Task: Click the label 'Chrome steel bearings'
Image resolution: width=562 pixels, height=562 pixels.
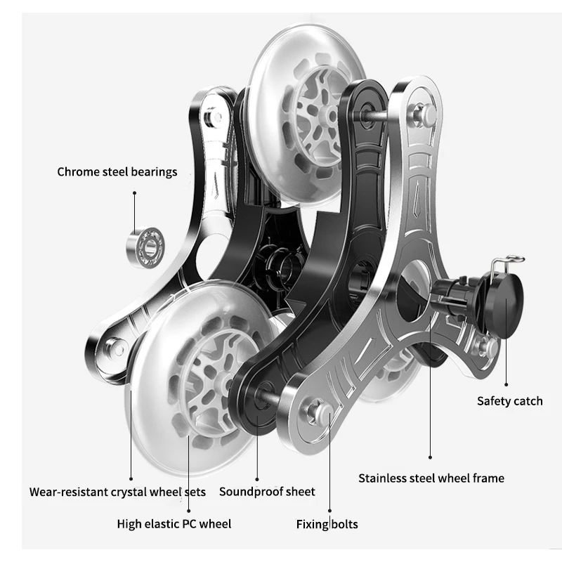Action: click(x=117, y=171)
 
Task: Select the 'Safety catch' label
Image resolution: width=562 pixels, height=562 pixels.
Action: click(x=509, y=401)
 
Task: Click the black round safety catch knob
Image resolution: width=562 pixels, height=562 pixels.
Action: click(x=508, y=299)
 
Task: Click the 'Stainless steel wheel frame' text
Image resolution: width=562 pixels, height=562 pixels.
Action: click(x=431, y=478)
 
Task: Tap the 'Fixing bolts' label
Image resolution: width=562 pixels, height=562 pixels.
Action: click(x=327, y=524)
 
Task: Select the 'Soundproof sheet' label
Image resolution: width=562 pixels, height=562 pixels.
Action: click(x=267, y=492)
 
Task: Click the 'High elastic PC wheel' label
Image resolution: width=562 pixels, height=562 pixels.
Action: click(x=174, y=523)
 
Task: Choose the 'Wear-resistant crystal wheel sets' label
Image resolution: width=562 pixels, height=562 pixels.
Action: click(x=117, y=492)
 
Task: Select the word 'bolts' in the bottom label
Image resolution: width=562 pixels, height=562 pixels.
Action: click(x=344, y=524)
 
